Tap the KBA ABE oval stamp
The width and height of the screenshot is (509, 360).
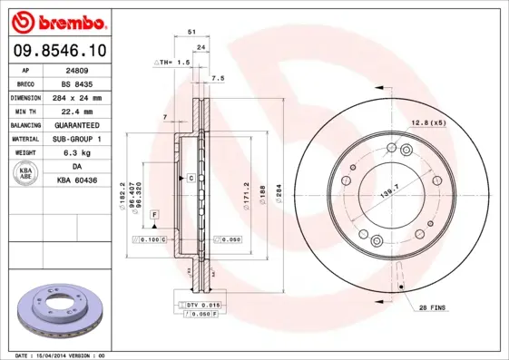pos(24,174)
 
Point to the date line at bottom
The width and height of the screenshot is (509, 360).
pos(61,355)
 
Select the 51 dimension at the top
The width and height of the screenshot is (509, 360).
pos(191,32)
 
